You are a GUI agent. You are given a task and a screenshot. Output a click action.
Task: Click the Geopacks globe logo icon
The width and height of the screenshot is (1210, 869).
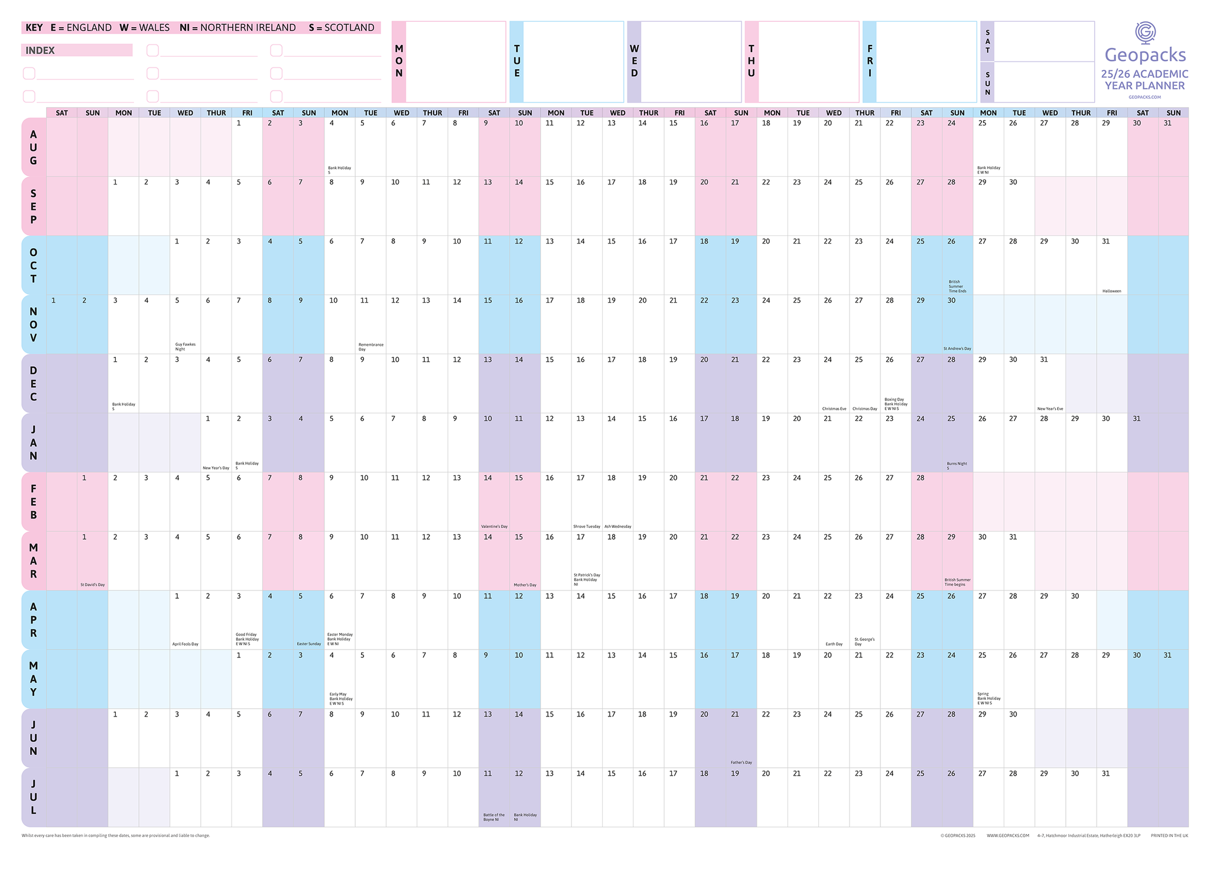click(1146, 33)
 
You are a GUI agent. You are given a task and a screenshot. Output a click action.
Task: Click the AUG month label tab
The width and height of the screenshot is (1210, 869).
click(34, 147)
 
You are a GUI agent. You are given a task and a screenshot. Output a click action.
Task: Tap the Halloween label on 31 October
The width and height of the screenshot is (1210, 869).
click(1111, 291)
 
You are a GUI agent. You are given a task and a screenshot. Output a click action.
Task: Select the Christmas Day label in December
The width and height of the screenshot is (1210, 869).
click(864, 408)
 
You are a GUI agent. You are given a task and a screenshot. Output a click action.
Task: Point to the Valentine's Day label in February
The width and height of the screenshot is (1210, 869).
click(494, 526)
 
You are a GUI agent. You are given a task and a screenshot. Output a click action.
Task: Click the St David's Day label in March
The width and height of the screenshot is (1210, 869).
click(93, 585)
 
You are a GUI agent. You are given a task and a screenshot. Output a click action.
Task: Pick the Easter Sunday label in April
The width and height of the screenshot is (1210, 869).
click(308, 644)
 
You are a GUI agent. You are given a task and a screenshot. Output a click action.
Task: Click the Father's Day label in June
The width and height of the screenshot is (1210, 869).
click(741, 762)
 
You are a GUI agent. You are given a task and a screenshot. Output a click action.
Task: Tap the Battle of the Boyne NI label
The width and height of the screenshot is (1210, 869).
click(493, 817)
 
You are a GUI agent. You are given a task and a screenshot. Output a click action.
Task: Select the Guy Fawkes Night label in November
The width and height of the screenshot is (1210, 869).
click(185, 346)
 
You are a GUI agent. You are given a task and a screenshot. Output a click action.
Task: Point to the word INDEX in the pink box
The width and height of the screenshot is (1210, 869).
click(40, 51)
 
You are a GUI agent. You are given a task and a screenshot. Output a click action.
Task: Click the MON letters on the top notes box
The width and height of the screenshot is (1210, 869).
click(399, 61)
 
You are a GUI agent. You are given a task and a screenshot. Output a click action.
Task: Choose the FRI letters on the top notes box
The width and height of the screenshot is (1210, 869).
click(869, 61)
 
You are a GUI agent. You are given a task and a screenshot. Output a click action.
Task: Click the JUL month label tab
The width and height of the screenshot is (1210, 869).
click(34, 797)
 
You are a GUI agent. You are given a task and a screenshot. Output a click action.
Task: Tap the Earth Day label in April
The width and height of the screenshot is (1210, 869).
click(834, 644)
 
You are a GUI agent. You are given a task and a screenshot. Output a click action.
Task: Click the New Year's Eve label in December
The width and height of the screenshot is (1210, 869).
click(1050, 408)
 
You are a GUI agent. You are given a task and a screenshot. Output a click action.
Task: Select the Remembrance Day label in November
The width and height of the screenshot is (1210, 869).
click(370, 346)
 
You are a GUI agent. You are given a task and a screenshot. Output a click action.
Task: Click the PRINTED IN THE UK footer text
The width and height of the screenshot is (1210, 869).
click(1169, 835)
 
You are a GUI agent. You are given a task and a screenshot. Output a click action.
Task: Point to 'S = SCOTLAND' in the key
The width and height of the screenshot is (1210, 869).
click(341, 28)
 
